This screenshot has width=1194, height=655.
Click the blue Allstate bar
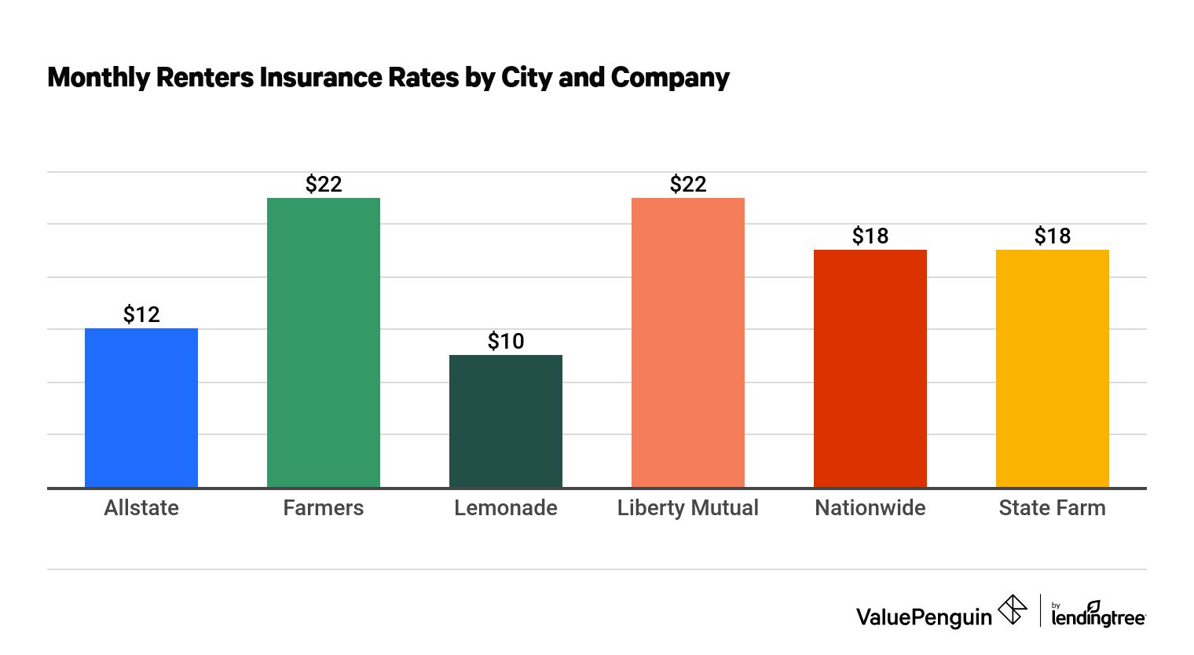141,408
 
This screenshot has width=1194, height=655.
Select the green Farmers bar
324,342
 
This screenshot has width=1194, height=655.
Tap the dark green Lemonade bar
506,421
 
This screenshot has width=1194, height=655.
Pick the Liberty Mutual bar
688,342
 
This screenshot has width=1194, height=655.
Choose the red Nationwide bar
870,369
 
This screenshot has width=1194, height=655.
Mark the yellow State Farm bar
1053,369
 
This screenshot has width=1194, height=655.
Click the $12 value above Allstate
141,315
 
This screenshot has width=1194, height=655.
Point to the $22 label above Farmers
324,185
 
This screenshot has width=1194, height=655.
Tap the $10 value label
506,342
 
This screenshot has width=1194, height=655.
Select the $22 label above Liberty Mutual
688,185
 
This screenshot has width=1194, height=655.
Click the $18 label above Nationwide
870,236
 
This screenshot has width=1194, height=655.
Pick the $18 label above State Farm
1053,236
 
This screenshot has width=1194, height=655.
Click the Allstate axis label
141,508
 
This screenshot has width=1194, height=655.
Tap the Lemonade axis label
506,508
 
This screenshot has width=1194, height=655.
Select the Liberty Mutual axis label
688,508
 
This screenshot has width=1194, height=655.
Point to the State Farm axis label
1053,508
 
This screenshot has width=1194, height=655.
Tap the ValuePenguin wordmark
924,617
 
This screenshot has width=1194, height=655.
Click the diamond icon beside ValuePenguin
1013,610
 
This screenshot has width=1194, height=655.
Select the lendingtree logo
1098,615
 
